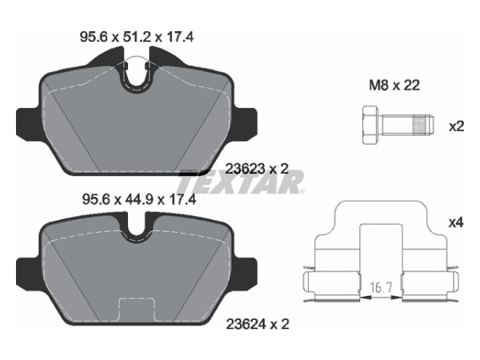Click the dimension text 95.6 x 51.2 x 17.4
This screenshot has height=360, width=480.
pyautogui.click(x=137, y=38)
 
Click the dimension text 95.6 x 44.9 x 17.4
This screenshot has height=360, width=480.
pyautogui.click(x=139, y=200)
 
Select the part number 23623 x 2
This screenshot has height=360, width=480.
pyautogui.click(x=257, y=168)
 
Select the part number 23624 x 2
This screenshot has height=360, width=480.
pyautogui.click(x=258, y=324)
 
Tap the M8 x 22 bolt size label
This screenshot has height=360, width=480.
pyautogui.click(x=394, y=85)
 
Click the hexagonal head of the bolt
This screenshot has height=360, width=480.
pyautogui.click(x=370, y=126)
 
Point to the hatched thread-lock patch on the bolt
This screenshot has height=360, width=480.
pyautogui.click(x=419, y=126)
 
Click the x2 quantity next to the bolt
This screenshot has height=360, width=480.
pyautogui.click(x=456, y=126)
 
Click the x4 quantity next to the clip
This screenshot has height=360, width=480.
pyautogui.click(x=456, y=222)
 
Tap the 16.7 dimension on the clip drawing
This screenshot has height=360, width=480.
pyautogui.click(x=381, y=287)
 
